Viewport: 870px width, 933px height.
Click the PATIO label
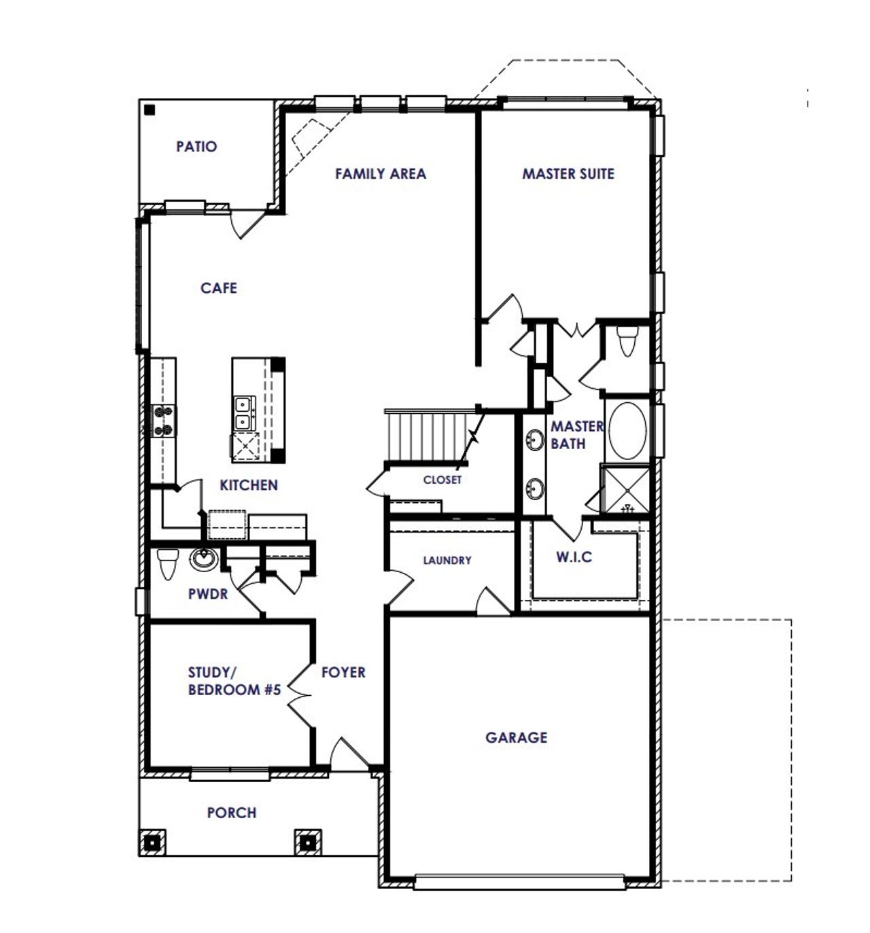tap(196, 146)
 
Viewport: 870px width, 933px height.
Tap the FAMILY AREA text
tap(381, 174)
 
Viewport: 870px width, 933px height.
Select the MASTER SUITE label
tap(568, 174)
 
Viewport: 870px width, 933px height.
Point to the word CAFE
tap(219, 288)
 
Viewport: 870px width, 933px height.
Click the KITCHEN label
tap(249, 485)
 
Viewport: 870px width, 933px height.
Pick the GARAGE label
tap(517, 737)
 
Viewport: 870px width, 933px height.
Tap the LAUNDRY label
tap(447, 561)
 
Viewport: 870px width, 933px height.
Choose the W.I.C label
tap(574, 557)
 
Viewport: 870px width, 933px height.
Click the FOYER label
tap(343, 672)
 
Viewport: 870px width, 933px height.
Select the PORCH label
tap(232, 813)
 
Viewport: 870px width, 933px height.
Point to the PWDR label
tap(208, 594)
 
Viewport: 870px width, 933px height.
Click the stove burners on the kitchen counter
tap(163, 420)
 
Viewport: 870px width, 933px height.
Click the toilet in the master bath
tap(627, 340)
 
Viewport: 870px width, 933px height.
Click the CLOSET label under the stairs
tap(442, 480)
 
